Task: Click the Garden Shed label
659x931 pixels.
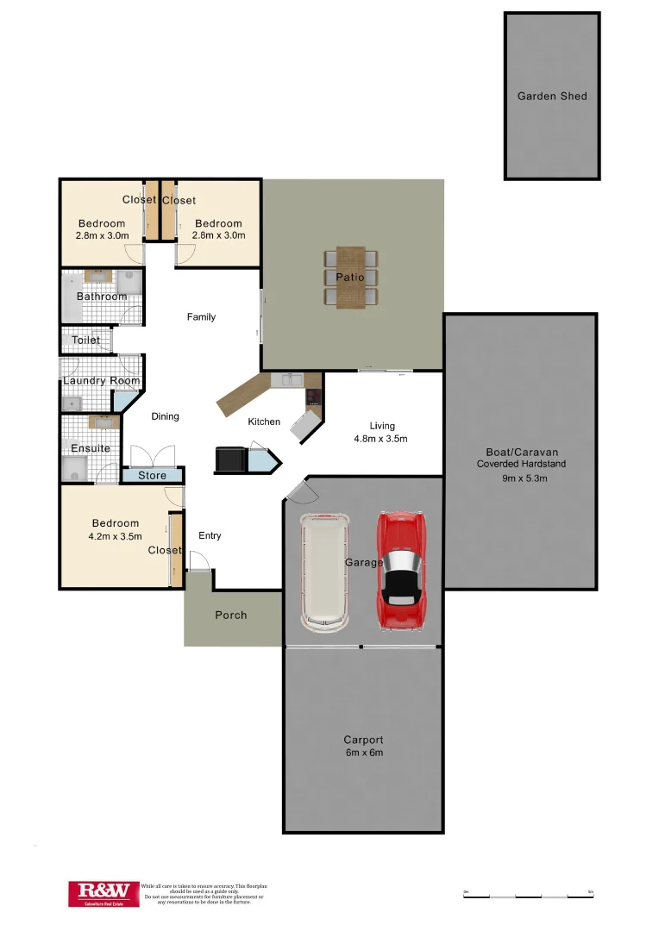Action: [x=552, y=97]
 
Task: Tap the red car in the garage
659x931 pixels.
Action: [x=400, y=569]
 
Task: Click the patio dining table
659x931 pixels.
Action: [x=351, y=277]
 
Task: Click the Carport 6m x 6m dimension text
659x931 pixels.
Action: [x=363, y=753]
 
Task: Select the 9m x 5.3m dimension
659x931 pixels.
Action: [x=524, y=478]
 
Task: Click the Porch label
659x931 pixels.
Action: [x=231, y=615]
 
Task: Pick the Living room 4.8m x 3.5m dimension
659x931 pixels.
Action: [x=380, y=439]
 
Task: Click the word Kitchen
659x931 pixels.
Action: [x=264, y=422]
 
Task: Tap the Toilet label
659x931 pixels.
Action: [x=86, y=341]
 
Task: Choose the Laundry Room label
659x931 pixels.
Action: [x=102, y=381]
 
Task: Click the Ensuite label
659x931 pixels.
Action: [x=91, y=448]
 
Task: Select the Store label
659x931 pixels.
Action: [x=153, y=475]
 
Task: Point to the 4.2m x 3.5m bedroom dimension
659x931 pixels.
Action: [x=115, y=536]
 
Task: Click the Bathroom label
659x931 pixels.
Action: [x=102, y=297]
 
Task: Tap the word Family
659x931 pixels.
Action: [x=201, y=317]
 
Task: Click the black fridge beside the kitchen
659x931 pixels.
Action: [x=229, y=459]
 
